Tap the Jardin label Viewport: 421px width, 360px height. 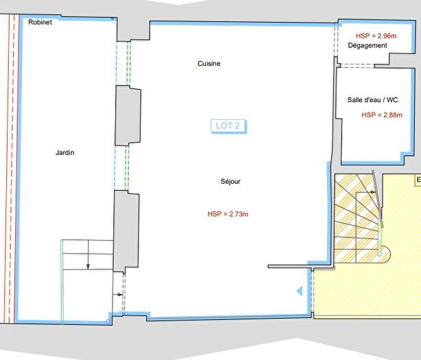(65, 152)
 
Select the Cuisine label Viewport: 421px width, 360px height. (209, 64)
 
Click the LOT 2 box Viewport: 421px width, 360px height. (228, 125)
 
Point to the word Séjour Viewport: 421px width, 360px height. (230, 182)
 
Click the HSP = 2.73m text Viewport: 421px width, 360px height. (228, 214)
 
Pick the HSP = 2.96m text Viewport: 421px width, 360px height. (376, 35)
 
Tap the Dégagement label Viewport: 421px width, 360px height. (368, 46)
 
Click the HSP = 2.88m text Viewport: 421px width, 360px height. (382, 115)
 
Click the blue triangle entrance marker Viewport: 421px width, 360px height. (299, 291)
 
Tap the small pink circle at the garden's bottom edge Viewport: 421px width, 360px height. (109, 320)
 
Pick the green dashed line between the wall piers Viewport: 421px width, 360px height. (128, 167)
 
